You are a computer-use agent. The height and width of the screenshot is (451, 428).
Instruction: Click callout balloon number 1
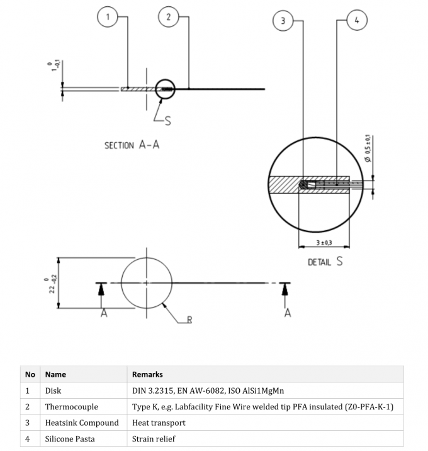(108, 18)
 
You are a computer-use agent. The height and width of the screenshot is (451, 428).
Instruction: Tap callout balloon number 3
(283, 21)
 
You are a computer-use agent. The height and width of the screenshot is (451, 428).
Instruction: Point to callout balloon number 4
(357, 21)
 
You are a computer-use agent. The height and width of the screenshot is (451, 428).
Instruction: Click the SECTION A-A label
(132, 145)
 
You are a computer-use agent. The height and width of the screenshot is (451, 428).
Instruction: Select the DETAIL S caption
(325, 262)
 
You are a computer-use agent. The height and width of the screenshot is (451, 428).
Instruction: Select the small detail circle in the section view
(166, 89)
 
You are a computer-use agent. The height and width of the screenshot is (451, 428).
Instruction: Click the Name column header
(55, 374)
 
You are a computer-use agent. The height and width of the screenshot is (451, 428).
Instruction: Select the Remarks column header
(147, 374)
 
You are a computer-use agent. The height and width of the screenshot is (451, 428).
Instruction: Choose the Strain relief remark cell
(154, 439)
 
